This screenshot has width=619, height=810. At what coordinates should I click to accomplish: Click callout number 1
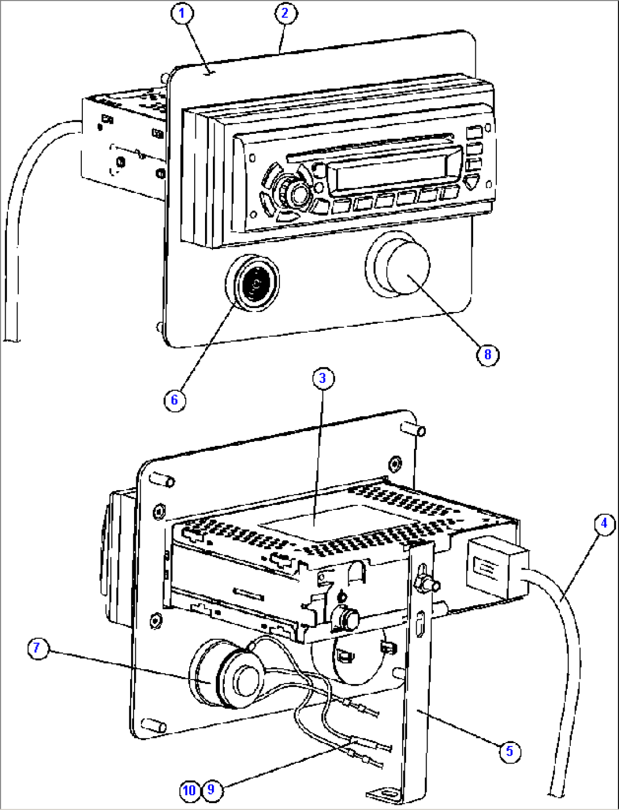pyautogui.click(x=182, y=14)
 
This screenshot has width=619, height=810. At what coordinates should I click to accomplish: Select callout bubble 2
pyautogui.click(x=285, y=13)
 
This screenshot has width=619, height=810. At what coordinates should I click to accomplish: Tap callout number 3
pyautogui.click(x=323, y=378)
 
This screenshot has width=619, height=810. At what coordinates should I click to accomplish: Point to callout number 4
pyautogui.click(x=604, y=523)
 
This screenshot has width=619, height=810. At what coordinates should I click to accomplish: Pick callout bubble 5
pyautogui.click(x=509, y=751)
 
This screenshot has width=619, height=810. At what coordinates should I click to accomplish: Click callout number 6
pyautogui.click(x=174, y=400)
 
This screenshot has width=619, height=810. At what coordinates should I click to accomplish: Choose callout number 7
pyautogui.click(x=37, y=648)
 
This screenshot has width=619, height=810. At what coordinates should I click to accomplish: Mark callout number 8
pyautogui.click(x=487, y=355)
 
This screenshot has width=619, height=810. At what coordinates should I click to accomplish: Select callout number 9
pyautogui.click(x=211, y=790)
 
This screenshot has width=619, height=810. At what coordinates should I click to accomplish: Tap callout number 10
pyautogui.click(x=190, y=790)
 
